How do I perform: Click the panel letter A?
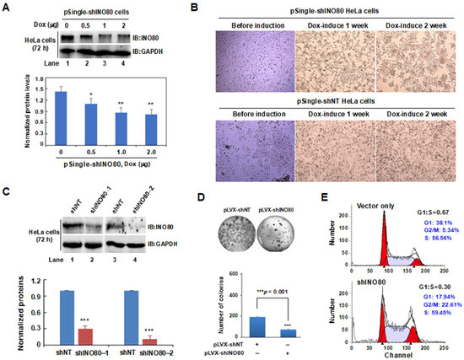tap(7, 8)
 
